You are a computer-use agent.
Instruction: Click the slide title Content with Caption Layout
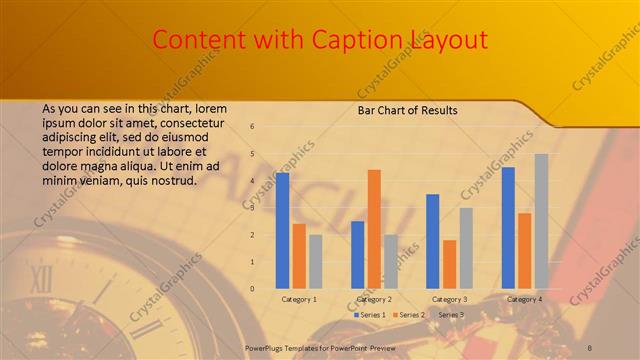coord(320,39)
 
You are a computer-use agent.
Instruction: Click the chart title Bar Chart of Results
coord(407,110)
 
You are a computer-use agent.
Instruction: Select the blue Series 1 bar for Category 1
coord(283,230)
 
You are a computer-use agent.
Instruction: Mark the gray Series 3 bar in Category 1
coord(316,261)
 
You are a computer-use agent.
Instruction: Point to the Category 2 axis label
coord(374,299)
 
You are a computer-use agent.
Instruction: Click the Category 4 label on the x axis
coord(525,299)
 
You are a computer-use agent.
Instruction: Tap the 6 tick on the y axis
coord(252,127)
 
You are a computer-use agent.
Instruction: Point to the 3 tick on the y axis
coord(252,208)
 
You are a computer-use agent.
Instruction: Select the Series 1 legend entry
coord(370,315)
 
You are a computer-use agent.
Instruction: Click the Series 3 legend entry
coord(448,315)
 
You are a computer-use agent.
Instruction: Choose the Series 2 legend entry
coord(409,315)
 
